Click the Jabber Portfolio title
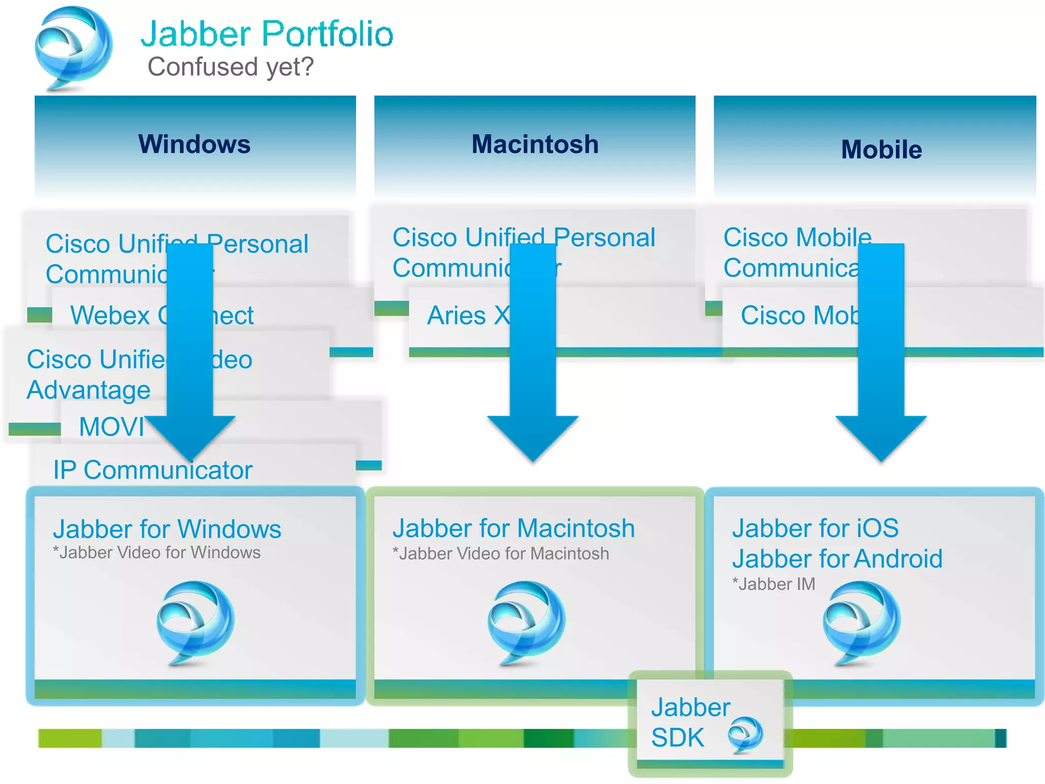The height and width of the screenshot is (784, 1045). [267, 34]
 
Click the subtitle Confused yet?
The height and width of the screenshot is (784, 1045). [230, 67]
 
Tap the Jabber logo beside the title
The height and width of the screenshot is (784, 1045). [73, 48]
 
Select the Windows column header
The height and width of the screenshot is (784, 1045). [194, 144]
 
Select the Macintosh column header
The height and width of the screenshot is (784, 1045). [535, 144]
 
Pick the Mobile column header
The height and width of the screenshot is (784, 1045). [881, 150]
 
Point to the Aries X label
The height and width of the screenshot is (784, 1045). [468, 315]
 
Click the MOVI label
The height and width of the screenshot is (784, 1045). [112, 427]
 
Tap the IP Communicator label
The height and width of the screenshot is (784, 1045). [153, 470]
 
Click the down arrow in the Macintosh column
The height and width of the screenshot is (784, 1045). [533, 357]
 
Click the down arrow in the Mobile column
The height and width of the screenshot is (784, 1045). [881, 357]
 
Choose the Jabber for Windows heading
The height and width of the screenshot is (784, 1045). [167, 529]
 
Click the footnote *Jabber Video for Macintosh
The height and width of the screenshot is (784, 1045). [501, 554]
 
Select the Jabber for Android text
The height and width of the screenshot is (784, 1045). [837, 559]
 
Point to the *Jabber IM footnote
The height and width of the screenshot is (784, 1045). [774, 584]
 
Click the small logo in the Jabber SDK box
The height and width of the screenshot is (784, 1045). [745, 734]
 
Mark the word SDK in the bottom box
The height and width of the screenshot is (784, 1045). [678, 738]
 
